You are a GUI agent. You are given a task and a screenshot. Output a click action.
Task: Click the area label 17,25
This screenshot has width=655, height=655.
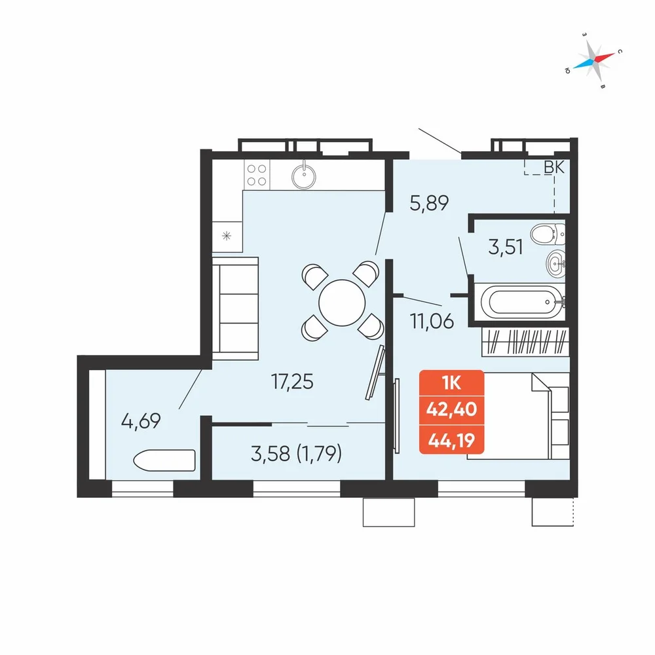(x=292, y=381)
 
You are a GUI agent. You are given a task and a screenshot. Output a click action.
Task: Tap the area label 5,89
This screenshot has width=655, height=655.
(x=429, y=203)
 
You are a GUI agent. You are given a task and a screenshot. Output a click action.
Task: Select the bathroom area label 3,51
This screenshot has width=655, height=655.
(x=506, y=247)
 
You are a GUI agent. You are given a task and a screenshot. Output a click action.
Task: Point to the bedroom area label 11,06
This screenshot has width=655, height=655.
(x=432, y=321)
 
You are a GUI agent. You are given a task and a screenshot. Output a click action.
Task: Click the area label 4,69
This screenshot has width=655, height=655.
(x=141, y=421)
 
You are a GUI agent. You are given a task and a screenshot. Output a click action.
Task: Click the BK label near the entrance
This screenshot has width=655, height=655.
(x=554, y=167)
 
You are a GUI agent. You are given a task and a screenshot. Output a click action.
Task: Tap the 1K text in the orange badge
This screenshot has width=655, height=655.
(x=451, y=383)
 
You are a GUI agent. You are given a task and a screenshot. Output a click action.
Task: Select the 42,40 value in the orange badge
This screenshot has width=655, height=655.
(x=451, y=409)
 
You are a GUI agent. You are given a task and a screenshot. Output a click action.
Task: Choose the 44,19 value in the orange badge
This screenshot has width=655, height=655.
(x=451, y=440)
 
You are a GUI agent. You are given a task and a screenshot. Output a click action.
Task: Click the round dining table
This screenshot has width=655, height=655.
(x=342, y=303)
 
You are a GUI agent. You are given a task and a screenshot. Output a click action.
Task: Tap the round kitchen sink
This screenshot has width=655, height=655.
(x=304, y=176)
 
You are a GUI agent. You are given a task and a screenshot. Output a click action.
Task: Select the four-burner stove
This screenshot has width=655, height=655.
(x=257, y=175)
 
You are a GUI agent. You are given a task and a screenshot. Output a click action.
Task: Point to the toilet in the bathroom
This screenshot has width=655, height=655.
(x=548, y=234)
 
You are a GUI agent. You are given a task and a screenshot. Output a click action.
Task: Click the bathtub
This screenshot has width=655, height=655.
(x=522, y=302)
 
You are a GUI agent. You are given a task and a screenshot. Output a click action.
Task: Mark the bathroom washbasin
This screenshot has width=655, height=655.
(x=555, y=263)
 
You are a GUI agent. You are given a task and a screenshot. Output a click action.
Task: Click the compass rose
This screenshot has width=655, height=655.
(x=593, y=60)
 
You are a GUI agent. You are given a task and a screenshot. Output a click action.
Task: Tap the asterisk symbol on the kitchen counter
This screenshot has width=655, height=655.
(x=227, y=236)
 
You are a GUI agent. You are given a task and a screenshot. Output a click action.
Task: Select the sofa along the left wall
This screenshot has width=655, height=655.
(x=235, y=309)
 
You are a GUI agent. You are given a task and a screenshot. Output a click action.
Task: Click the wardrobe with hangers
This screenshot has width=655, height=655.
(x=525, y=342)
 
